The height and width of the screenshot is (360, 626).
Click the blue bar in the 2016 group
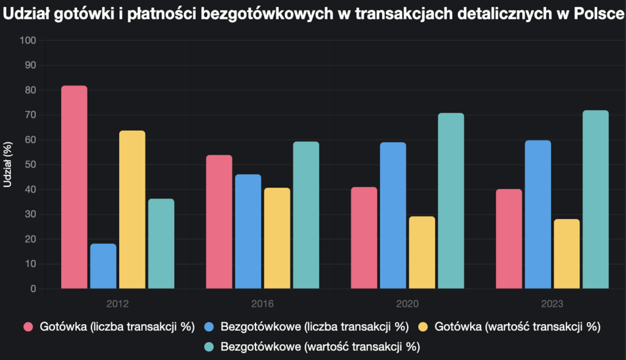click(x=248, y=232)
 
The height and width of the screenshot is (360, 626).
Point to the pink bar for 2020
click(x=364, y=238)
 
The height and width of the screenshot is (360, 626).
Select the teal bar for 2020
click(x=451, y=201)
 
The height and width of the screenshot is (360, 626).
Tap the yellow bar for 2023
click(x=567, y=254)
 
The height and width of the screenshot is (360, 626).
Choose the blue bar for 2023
click(x=537, y=215)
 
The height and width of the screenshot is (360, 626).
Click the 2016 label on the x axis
click(x=262, y=304)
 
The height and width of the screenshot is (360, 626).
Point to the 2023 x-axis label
click(x=552, y=304)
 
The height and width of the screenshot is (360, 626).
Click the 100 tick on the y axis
click(x=28, y=40)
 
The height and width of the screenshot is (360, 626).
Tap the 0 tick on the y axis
click(x=33, y=289)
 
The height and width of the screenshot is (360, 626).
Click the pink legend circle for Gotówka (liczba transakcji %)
click(x=28, y=327)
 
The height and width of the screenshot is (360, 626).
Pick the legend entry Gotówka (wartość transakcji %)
click(x=517, y=327)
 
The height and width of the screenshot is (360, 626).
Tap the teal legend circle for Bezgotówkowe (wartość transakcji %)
click(x=208, y=347)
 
